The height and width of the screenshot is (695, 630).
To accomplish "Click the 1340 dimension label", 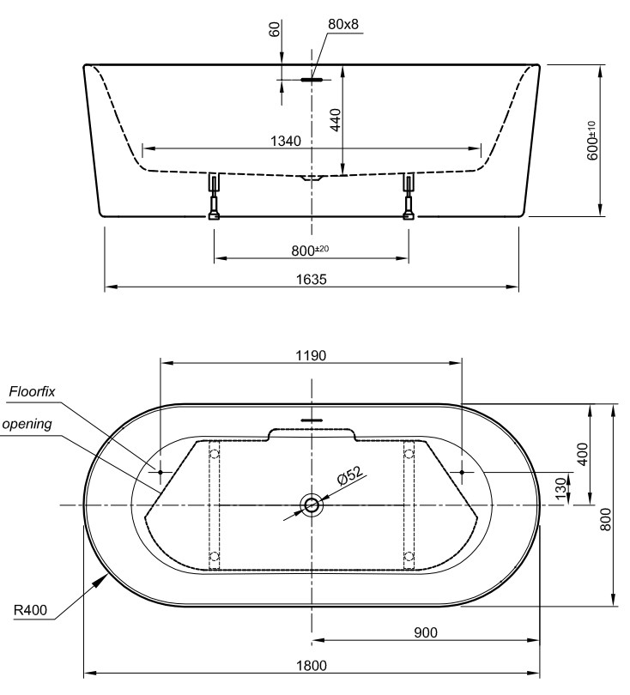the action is (286, 141).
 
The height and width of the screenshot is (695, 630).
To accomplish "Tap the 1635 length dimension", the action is (312, 279).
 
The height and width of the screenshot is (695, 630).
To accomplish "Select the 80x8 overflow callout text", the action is (343, 24).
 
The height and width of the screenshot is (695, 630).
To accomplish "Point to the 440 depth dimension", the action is (336, 119).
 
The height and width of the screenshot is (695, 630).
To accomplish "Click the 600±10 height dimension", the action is (592, 140).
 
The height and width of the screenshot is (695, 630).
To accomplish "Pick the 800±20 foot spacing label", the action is (310, 250).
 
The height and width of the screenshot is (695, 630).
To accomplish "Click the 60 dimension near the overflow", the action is (275, 29).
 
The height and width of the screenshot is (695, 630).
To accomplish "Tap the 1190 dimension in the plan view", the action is (311, 355).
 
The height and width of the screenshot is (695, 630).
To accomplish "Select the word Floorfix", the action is (33, 391).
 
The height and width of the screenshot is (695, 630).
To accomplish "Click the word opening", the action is (27, 424).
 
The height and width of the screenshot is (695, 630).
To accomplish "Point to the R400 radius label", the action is (30, 610).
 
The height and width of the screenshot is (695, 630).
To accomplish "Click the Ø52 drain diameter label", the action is (350, 475).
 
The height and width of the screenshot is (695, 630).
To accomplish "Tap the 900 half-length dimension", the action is (426, 632).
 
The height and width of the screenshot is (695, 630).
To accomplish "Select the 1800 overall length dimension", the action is (312, 665).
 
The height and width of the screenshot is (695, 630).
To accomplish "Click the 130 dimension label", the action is (560, 488).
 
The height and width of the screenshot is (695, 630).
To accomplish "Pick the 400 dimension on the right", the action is (583, 453).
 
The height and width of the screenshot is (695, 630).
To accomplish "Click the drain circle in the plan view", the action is (312, 505).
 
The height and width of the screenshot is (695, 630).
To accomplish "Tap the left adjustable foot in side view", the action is (214, 196).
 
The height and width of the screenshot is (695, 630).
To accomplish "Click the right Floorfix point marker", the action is (462, 473).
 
